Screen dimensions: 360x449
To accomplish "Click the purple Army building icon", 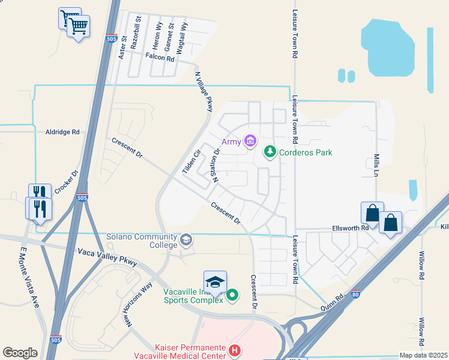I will point(251,142).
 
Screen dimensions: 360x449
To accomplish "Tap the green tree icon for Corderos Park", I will point(270,152).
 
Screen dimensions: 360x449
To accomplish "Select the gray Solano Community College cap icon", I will point(186,241).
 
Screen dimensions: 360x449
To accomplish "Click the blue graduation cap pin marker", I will point(215,283).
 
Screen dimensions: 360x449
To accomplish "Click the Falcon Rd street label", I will point(160,59).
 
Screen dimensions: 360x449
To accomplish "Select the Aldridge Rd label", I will point(62,132).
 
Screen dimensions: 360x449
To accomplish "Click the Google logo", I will point(20,353).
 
